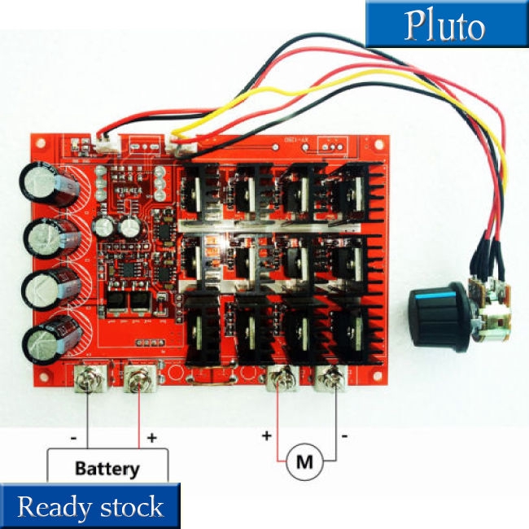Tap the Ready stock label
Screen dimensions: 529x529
click(x=90, y=507)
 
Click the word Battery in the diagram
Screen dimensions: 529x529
click(x=107, y=469)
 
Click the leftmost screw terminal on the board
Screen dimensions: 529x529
click(x=87, y=380)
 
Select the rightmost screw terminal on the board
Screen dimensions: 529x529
click(x=333, y=380)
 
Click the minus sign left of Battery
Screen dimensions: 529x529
click(x=74, y=438)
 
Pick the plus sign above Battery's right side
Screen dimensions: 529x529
click(x=151, y=438)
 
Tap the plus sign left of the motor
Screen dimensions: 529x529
click(x=266, y=435)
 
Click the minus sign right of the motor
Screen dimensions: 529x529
click(x=345, y=435)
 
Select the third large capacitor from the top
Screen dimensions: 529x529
click(x=42, y=289)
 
